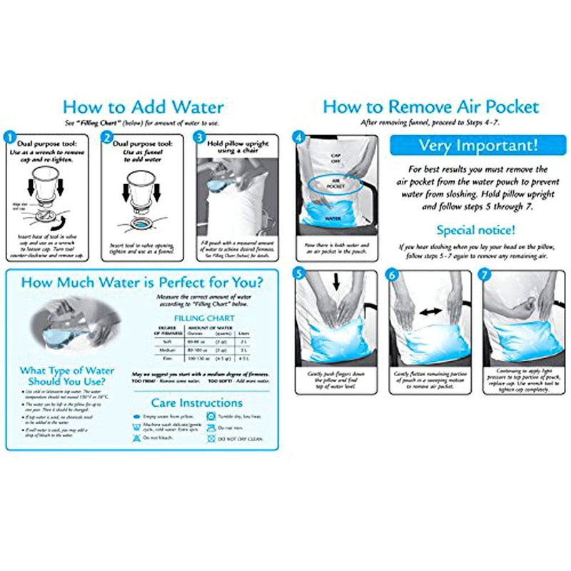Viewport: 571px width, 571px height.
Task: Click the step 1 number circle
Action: [10, 135]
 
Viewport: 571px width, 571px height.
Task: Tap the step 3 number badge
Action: [200, 135]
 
